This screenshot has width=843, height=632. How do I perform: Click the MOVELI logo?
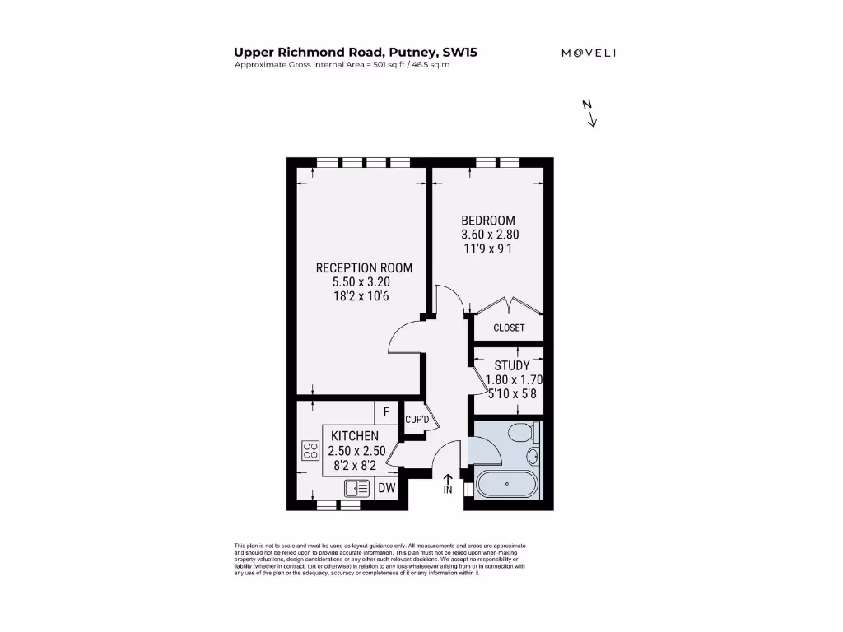pos(589,53)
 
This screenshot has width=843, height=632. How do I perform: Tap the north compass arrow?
pos(589,114)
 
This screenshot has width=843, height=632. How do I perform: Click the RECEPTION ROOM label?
pos(364,267)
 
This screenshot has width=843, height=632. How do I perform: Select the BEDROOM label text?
pos(488,221)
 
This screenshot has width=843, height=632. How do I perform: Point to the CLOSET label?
pos(509,328)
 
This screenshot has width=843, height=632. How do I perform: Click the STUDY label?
pos(511,365)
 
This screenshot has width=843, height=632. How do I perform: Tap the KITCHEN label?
pos(355,435)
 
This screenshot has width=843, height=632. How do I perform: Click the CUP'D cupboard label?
pos(417,421)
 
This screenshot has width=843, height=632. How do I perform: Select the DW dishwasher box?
pos(387,488)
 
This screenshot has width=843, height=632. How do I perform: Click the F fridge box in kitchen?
pos(384,411)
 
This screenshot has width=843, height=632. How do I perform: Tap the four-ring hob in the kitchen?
pos(310,450)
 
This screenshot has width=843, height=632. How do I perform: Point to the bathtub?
pos(506,485)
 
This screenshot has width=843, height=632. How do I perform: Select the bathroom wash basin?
pos(532,456)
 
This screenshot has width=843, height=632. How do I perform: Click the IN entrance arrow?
pos(448,484)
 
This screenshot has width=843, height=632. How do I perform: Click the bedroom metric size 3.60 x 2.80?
pos(490,235)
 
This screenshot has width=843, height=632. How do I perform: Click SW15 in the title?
pos(459,53)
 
